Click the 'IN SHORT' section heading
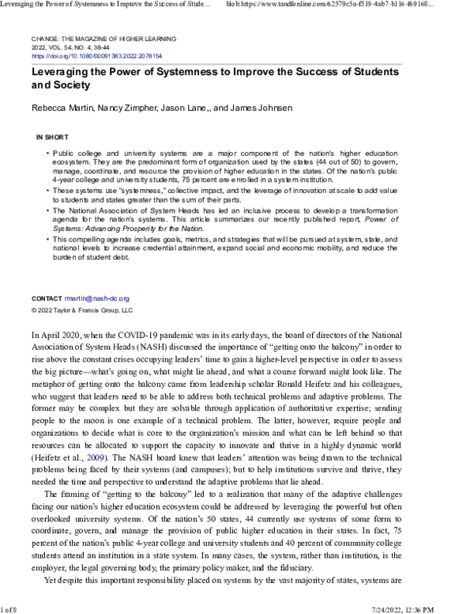(x=42, y=137)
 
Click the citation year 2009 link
(x=96, y=457)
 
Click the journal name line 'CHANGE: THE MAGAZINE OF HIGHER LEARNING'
(x=103, y=39)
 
